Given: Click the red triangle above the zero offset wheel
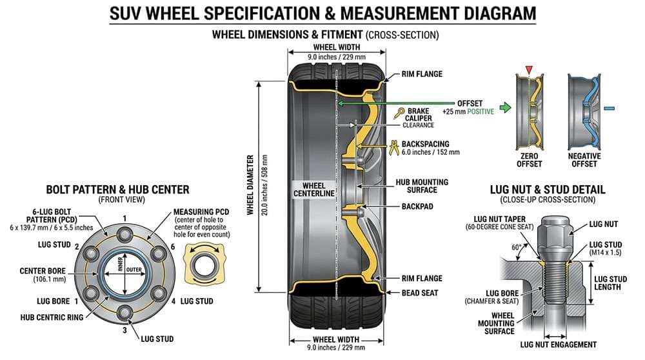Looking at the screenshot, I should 529,69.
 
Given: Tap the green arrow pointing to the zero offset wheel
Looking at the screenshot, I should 506,108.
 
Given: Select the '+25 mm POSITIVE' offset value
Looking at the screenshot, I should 468,112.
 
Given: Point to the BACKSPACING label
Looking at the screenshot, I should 426,144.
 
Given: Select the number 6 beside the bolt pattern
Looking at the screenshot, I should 173,248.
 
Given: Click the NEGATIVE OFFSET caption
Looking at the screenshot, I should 584,160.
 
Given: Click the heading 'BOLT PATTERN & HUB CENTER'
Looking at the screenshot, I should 117,190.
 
